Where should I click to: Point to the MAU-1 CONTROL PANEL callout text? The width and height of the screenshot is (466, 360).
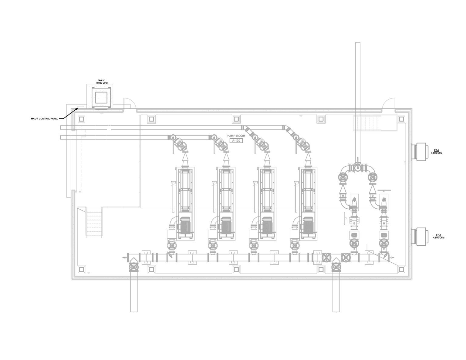pos(44,119)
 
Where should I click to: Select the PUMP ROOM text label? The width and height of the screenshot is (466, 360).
pos(236,136)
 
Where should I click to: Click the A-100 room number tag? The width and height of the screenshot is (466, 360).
pos(236,141)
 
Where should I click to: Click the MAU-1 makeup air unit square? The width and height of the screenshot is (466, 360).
pos(100,97)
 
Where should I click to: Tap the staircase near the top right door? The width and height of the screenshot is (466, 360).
pos(367,123)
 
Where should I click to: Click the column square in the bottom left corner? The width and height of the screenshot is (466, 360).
pos(81,269)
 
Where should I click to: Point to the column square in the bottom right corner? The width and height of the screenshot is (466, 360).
pos(401,269)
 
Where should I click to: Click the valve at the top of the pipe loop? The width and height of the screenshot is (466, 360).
pos(358,167)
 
